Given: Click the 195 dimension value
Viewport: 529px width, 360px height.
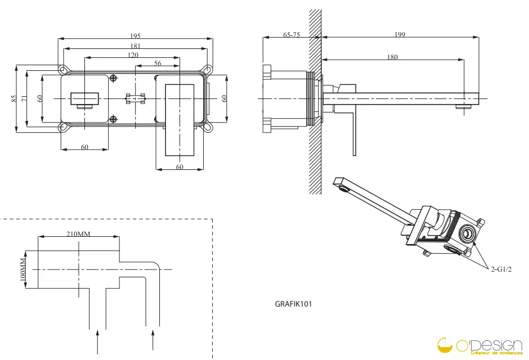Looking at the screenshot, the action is (135, 36).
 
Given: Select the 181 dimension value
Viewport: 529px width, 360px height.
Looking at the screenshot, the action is (135, 46).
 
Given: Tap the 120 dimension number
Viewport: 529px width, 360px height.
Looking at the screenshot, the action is (133, 55).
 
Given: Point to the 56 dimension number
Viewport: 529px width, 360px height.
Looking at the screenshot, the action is (158, 63).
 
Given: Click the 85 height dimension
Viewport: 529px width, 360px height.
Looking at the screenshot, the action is (14, 98).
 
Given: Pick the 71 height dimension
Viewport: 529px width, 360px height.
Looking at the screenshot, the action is (24, 98).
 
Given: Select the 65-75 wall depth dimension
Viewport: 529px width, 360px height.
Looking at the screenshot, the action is (292, 34).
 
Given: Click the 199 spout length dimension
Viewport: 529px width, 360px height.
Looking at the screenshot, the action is (400, 34).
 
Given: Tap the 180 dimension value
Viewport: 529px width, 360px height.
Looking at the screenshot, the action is (392, 57).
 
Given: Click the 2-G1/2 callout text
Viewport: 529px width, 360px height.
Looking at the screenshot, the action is (501, 269).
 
